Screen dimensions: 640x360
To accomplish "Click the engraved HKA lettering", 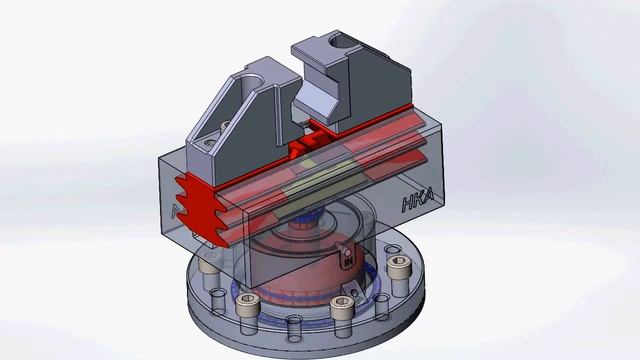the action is (418, 200).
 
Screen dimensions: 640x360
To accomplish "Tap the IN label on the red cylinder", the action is (348, 262).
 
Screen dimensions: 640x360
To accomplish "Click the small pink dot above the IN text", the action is (348, 253).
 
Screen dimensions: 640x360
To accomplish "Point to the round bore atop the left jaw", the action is (250, 80).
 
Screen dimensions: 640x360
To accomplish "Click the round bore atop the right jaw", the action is (342, 40).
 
